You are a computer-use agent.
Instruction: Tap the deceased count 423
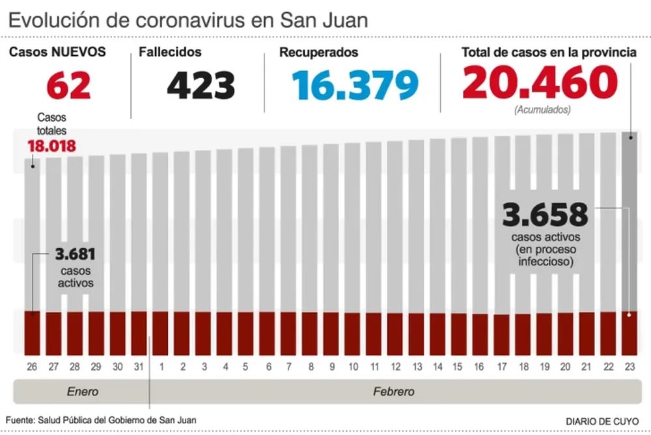pyautogui.click(x=201, y=85)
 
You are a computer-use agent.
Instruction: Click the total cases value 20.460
pyautogui.click(x=540, y=83)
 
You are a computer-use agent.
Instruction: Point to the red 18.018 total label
pyautogui.click(x=51, y=146)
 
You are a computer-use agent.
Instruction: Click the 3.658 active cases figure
pyautogui.click(x=545, y=215)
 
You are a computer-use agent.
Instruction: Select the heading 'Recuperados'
pyautogui.click(x=319, y=53)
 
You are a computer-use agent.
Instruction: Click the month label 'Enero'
pyautogui.click(x=83, y=392)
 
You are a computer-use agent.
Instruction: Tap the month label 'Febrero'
pyautogui.click(x=393, y=392)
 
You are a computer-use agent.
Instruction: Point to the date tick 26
pyautogui.click(x=32, y=367)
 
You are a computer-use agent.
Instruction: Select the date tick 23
pyautogui.click(x=629, y=367)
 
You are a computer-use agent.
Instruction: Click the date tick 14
pyautogui.click(x=437, y=367)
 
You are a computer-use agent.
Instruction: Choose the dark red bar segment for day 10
pyautogui.click(x=353, y=334)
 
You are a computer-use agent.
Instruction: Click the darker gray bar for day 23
pyautogui.click(x=629, y=221)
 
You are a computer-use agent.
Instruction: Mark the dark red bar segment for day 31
pyautogui.click(x=139, y=333)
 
